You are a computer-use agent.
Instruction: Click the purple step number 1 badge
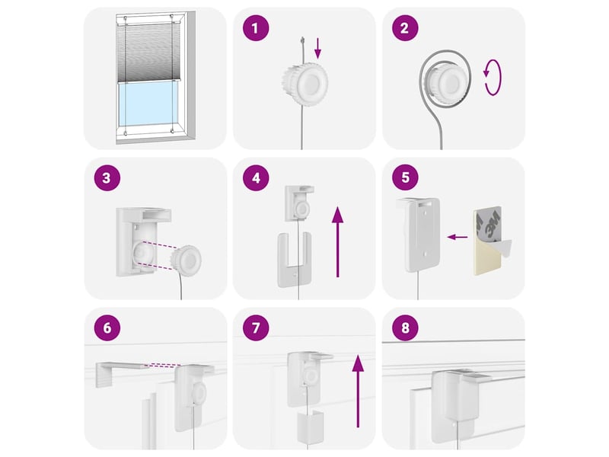[256, 28]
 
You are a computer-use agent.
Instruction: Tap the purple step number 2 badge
[405, 28]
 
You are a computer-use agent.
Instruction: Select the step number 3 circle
[107, 177]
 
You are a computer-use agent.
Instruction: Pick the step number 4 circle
[256, 177]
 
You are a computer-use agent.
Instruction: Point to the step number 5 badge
[405, 177]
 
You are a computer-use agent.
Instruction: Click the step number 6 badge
[107, 328]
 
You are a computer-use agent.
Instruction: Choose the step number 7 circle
[256, 328]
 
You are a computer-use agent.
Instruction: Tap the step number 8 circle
[405, 328]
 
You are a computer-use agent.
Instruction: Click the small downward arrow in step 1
[317, 48]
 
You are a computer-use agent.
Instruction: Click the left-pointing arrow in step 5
[458, 237]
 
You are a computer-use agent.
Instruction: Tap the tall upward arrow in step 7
[358, 391]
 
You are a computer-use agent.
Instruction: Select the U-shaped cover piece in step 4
[294, 260]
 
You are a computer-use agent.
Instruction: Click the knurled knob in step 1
[305, 83]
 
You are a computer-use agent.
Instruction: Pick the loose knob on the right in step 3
[187, 260]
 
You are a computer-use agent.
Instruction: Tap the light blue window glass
[148, 104]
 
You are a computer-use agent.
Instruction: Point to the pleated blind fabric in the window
[148, 53]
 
